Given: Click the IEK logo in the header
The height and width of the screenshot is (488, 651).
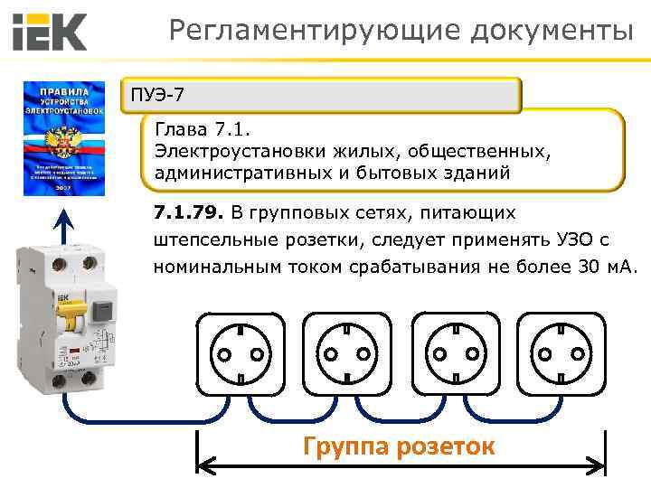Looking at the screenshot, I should tap(50, 33).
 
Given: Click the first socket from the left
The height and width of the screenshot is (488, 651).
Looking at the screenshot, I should tap(242, 354).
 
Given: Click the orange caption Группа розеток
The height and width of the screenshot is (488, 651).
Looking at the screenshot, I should tap(399, 446).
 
